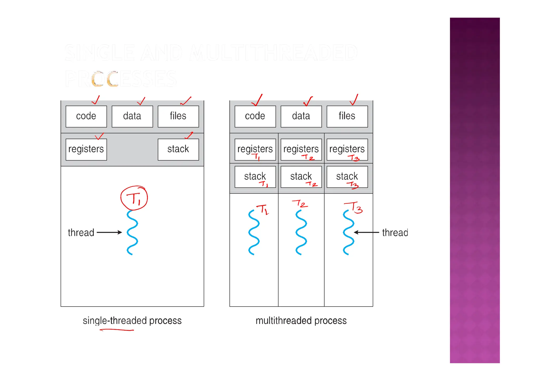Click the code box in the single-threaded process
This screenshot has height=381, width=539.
86,116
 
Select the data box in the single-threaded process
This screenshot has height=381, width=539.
132,116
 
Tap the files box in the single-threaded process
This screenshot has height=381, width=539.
178,116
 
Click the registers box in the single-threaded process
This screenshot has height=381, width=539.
86,149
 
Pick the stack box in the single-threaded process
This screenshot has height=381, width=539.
178,149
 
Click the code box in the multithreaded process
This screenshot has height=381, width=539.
255,116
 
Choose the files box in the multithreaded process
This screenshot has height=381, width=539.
347,116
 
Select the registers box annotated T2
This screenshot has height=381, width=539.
301,149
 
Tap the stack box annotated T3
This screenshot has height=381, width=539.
347,177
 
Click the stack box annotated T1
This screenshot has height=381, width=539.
255,177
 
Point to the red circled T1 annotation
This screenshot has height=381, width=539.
134,198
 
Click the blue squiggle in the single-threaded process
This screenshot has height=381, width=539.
132,232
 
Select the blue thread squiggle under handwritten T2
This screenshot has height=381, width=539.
301,232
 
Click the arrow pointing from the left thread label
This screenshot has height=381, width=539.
109,232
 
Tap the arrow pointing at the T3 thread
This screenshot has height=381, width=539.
366,232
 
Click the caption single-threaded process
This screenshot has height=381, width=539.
132,321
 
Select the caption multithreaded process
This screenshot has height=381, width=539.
301,321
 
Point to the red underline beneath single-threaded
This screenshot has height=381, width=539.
117,330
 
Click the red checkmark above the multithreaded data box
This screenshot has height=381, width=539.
308,101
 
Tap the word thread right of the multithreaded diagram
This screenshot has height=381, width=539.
395,233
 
